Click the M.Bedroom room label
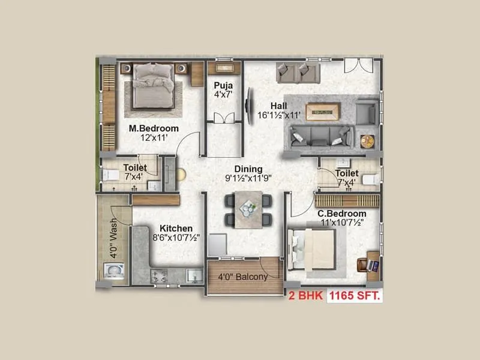[154, 128]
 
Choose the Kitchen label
[176, 228]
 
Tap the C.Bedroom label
[341, 214]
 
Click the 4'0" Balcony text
[242, 277]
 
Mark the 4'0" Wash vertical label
[113, 238]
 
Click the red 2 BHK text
[305, 295]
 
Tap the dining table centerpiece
[247, 208]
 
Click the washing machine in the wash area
[115, 271]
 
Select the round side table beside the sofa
[367, 142]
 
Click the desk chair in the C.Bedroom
[362, 265]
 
